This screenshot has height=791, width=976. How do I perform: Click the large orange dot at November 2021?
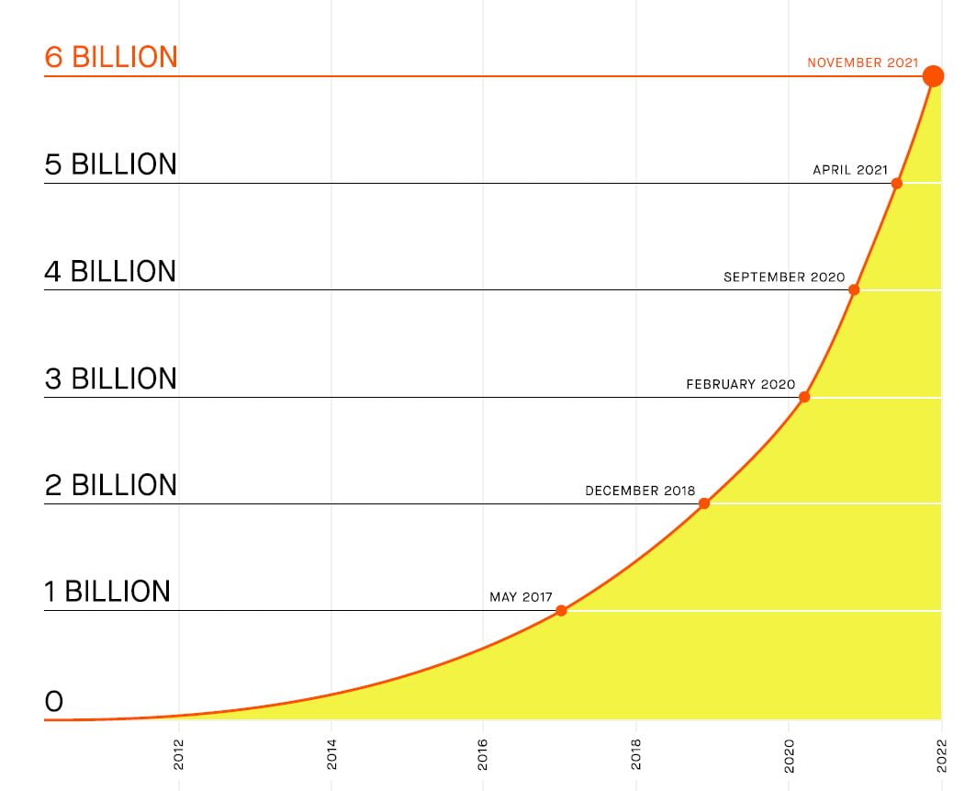pyautogui.click(x=933, y=76)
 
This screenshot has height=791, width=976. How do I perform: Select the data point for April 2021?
pyautogui.click(x=897, y=184)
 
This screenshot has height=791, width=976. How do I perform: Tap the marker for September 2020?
pyautogui.click(x=854, y=290)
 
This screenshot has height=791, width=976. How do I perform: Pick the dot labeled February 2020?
pyautogui.click(x=804, y=397)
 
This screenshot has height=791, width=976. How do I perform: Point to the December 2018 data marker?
pyautogui.click(x=704, y=503)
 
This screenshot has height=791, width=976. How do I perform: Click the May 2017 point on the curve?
pyautogui.click(x=561, y=611)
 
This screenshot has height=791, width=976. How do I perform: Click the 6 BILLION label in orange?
pyautogui.click(x=110, y=57)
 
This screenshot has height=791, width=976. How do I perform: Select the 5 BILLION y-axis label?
pyautogui.click(x=110, y=164)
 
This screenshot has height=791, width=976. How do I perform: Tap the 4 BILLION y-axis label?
pyautogui.click(x=110, y=271)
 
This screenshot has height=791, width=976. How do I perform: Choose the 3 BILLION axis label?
pyautogui.click(x=110, y=379)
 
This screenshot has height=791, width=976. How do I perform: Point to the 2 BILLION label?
pyautogui.click(x=110, y=485)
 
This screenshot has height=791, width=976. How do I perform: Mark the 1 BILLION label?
pyautogui.click(x=107, y=592)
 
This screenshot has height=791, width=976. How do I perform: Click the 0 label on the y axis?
pyautogui.click(x=54, y=702)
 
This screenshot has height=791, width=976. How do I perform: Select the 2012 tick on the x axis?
pyautogui.click(x=178, y=754)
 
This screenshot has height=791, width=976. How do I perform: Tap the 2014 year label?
pyautogui.click(x=331, y=754)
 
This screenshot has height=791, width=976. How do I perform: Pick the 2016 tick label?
pyautogui.click(x=483, y=754)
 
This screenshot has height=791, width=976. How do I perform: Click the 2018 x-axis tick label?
pyautogui.click(x=635, y=754)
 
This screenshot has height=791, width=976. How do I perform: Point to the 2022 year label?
pyautogui.click(x=940, y=754)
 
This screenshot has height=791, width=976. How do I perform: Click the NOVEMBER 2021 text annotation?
pyautogui.click(x=862, y=62)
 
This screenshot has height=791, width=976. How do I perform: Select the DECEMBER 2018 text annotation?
pyautogui.click(x=640, y=491)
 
